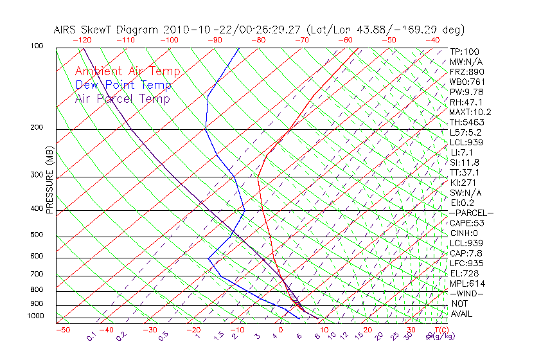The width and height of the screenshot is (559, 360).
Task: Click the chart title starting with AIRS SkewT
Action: [x=259, y=30]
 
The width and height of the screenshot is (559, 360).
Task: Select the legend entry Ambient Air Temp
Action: [x=128, y=71]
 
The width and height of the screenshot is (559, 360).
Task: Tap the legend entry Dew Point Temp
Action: [x=123, y=85]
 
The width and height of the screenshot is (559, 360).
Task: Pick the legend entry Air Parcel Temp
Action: [x=123, y=98]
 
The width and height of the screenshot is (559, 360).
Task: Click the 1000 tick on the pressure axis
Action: [x=36, y=316]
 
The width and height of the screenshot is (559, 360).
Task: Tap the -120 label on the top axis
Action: [x=82, y=40]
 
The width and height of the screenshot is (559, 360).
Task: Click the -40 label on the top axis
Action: [x=432, y=40]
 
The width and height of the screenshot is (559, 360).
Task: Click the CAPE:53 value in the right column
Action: [x=466, y=223]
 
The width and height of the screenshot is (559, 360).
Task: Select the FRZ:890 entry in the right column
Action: [x=465, y=72]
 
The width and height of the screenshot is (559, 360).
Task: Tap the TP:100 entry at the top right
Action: [x=465, y=52]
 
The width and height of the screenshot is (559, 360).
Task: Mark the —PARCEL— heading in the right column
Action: [x=472, y=213]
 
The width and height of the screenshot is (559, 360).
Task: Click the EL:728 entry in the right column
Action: [x=462, y=273]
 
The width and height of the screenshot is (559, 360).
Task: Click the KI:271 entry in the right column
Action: [x=462, y=183]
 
